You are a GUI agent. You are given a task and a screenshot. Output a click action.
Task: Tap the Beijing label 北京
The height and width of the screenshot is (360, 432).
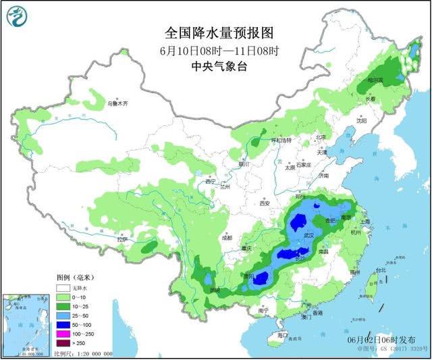pyautogui.click(x=321, y=137)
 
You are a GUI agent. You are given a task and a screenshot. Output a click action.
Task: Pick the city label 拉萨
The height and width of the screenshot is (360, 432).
pyautogui.click(x=122, y=240)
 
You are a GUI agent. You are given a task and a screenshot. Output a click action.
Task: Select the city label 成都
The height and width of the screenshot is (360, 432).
pyautogui.click(x=225, y=238)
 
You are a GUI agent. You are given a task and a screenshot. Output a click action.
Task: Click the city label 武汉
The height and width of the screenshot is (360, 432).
pyautogui.click(x=310, y=234)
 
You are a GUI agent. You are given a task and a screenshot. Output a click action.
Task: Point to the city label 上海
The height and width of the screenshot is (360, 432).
pyautogui.click(x=365, y=222)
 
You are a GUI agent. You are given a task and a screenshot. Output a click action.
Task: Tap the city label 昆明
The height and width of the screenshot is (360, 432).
pyautogui.click(x=215, y=290)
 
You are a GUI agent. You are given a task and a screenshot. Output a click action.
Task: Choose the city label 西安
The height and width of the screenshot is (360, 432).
pyautogui.click(x=264, y=203)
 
